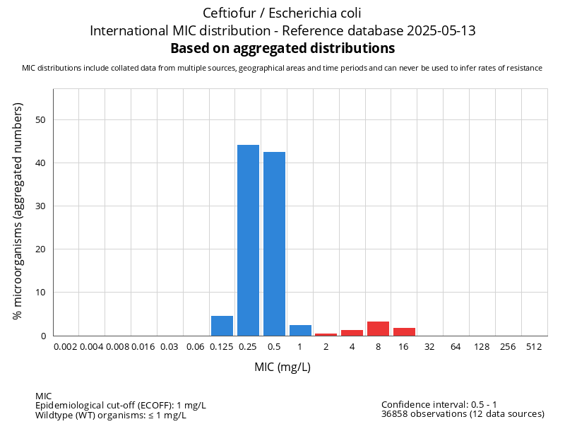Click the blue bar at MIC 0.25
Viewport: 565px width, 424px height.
pos(248,240)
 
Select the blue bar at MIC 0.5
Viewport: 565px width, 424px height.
pos(274,244)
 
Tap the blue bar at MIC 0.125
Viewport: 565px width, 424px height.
pos(222,326)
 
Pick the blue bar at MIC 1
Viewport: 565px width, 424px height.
pos(300,330)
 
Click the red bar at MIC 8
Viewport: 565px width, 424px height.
pos(378,329)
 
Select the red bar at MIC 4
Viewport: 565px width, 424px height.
pos(352,333)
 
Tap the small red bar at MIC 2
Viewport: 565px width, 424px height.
pos(326,334)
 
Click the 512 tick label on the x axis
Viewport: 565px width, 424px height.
pos(534,347)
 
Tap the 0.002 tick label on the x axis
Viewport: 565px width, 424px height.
pos(66,347)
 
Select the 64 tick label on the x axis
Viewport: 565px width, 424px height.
pos(456,347)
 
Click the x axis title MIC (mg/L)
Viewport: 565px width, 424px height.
pos(282,367)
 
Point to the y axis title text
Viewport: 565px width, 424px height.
pos(18,211)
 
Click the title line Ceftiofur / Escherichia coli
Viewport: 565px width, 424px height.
pos(282,13)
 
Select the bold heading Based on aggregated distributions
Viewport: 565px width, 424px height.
pos(282,49)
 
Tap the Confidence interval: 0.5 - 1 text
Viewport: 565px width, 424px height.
pos(439,405)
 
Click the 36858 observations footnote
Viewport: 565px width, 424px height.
pos(463,414)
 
